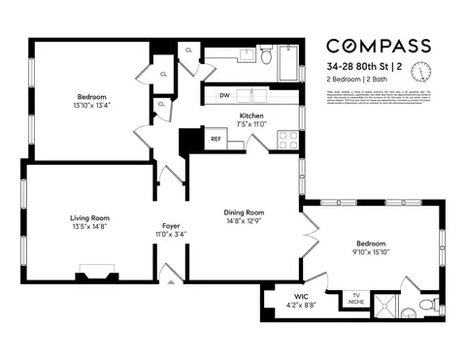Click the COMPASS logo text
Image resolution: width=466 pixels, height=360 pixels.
[x=379, y=46]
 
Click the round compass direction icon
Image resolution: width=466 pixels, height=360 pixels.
[x=420, y=72]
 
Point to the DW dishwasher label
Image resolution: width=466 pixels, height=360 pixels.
[x=224, y=95]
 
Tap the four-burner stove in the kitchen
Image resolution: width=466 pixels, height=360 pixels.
[x=287, y=139]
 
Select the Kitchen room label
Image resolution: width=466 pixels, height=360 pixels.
[x=251, y=115]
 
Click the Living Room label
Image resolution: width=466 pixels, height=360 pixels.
[x=88, y=217]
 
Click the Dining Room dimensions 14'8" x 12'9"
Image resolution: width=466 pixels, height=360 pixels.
[x=245, y=221]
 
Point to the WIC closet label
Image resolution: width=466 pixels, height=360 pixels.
[x=287, y=296]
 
